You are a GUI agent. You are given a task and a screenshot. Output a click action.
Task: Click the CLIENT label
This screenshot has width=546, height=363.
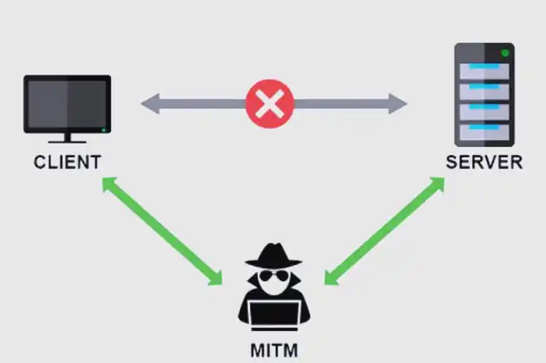(67, 161)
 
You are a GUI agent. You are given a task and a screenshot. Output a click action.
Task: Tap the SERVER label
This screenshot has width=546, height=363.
(485, 162)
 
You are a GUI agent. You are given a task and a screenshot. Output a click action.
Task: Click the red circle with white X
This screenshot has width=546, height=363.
(270, 103)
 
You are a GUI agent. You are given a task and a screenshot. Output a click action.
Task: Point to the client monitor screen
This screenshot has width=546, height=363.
(67, 103)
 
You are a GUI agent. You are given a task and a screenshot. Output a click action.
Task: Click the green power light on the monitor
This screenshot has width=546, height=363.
(105, 130)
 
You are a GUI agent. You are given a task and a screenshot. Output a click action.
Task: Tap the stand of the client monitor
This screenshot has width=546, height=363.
(67, 138)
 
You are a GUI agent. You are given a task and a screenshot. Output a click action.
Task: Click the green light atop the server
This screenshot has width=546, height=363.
(504, 54)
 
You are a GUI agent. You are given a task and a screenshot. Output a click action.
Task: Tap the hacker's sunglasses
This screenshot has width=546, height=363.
(273, 277)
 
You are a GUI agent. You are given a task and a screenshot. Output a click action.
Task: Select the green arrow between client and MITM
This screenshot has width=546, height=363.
(162, 230)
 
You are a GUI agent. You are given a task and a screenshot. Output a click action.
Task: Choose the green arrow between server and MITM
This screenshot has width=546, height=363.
(385, 230)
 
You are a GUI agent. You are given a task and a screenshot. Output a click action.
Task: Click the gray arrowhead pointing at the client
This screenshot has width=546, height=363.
(149, 103)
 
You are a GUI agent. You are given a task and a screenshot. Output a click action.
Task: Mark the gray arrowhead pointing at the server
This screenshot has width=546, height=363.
(398, 103)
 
